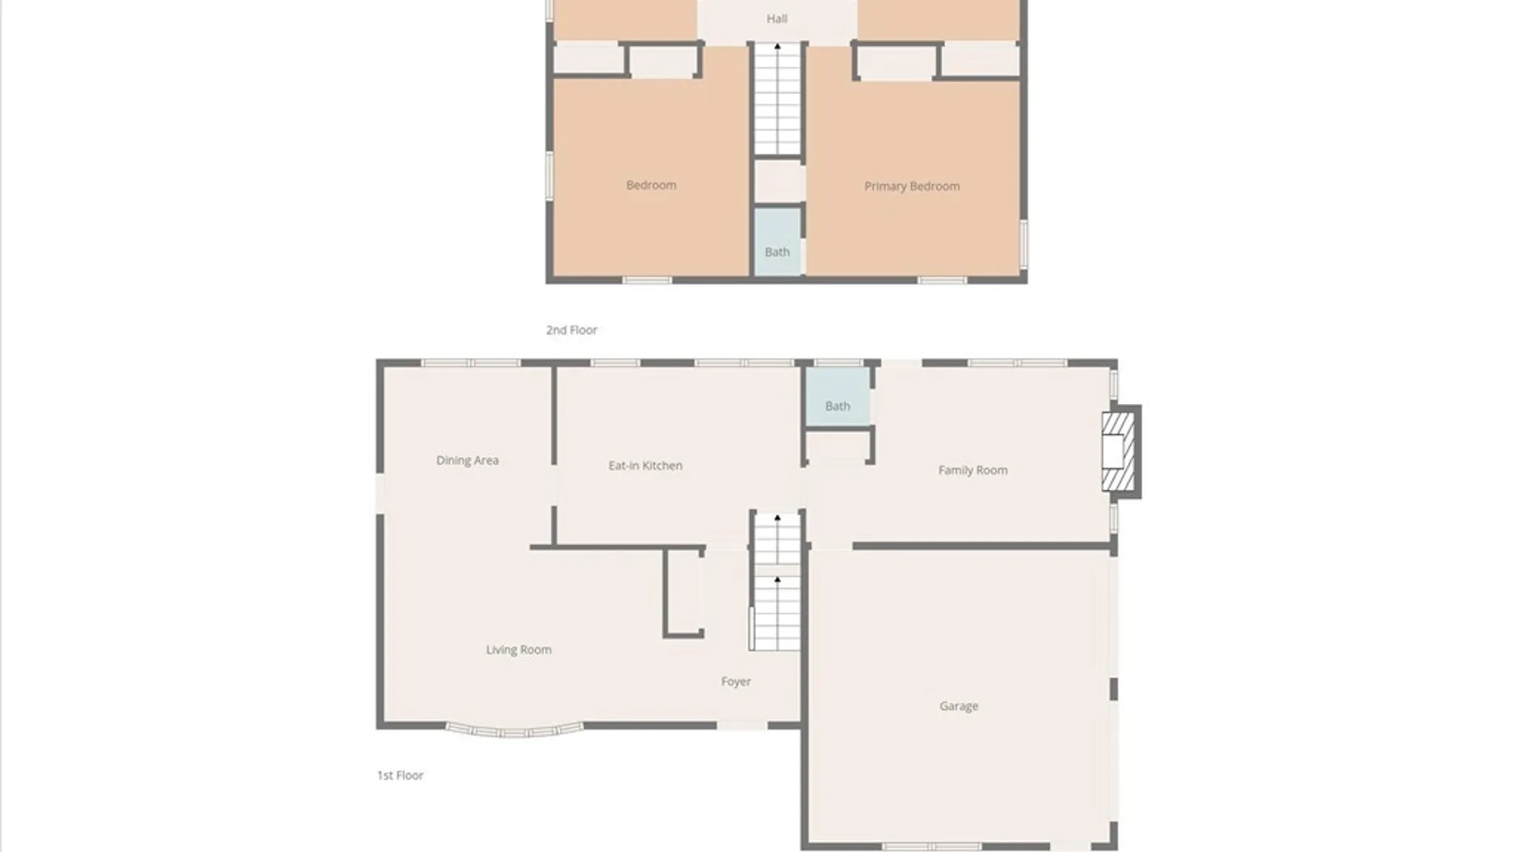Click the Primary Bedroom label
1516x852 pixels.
(912, 186)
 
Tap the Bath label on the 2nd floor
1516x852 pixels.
(777, 252)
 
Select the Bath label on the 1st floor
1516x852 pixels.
(838, 406)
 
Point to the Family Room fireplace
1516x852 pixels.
(1120, 452)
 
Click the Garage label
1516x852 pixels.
(959, 706)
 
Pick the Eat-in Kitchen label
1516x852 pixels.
(645, 465)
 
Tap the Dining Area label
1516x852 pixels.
(467, 460)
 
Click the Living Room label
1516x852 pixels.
(519, 649)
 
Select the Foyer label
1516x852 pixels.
(736, 682)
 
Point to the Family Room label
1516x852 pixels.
(973, 470)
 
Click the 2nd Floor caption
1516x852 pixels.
(572, 330)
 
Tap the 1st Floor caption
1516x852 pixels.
(400, 775)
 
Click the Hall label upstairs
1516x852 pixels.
(777, 18)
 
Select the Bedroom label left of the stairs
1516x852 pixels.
(651, 185)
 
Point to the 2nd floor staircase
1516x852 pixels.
(778, 99)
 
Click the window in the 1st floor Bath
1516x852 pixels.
(839, 363)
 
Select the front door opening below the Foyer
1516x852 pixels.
(742, 725)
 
